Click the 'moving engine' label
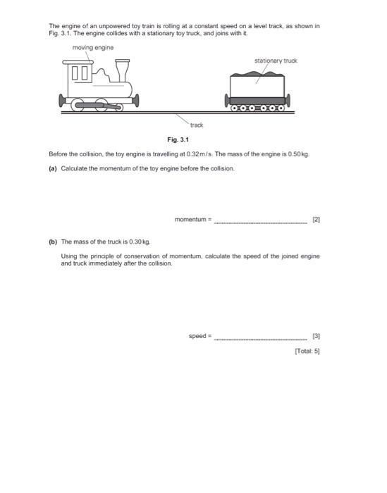pos(92,47)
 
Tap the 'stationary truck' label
pos(276,61)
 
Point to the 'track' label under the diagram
pos(195,125)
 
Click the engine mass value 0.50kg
pos(308,154)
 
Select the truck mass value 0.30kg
pos(135,242)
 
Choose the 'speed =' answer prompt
pos(197,336)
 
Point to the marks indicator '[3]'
pos(316,336)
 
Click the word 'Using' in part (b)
pos(70,256)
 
